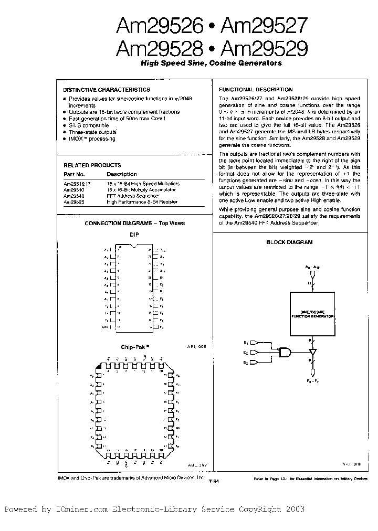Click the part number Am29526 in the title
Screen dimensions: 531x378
click(x=159, y=25)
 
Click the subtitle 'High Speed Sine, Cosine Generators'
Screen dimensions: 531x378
click(x=211, y=63)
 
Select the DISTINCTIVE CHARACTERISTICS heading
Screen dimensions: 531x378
click(x=107, y=90)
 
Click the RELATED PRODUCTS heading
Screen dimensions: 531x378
click(x=92, y=165)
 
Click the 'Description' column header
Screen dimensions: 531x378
click(x=121, y=174)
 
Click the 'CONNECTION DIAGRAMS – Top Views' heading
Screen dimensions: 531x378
click(x=135, y=223)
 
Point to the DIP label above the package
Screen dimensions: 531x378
click(x=134, y=235)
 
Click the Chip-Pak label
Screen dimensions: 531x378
click(x=132, y=347)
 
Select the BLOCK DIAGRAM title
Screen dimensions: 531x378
click(x=289, y=242)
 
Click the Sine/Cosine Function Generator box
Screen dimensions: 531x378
click(x=312, y=314)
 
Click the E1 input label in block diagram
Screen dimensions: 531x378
click(x=245, y=343)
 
